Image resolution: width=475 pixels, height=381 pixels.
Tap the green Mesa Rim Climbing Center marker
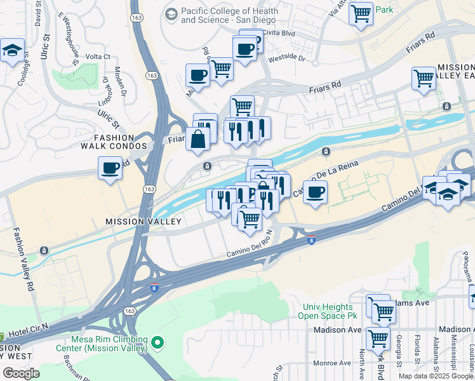coord(157,344)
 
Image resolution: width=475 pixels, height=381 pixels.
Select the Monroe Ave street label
coord(331,363)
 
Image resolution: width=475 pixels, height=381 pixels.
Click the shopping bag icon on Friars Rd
coord(198,139)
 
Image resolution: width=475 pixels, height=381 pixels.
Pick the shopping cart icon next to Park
coord(361,13)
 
